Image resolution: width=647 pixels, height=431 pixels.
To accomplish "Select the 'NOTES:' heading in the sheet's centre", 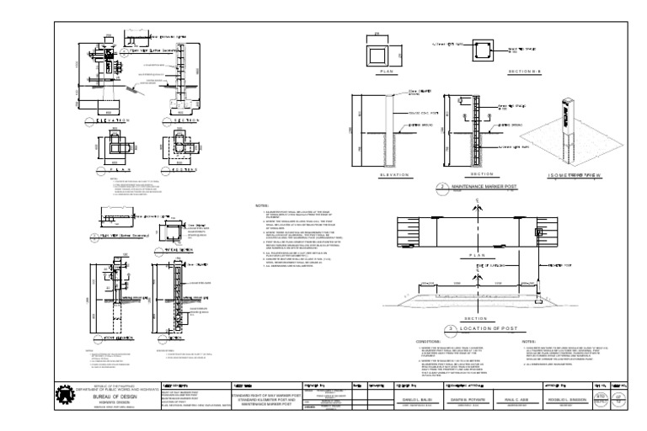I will pyautogui.click(x=262, y=205).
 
